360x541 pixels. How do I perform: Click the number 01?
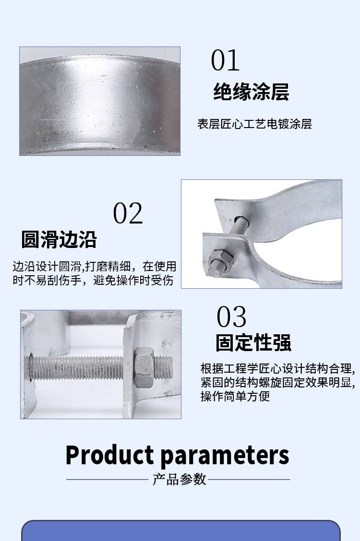tap(225, 60)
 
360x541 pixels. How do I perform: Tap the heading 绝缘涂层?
tap(251, 92)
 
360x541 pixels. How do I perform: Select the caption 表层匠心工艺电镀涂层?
tap(254, 124)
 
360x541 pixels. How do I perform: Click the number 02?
tap(128, 213)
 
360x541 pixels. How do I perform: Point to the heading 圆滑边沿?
tap(59, 239)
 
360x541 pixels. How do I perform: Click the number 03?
tap(231, 317)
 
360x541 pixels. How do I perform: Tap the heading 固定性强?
tap(253, 342)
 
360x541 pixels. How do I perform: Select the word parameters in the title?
tap(225, 456)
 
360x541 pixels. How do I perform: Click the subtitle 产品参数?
tap(180, 479)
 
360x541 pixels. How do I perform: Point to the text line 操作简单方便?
tap(235, 396)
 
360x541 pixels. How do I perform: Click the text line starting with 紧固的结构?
tap(278, 382)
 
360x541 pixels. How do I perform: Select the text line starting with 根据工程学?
tap(278, 368)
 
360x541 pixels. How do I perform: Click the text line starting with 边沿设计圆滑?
tap(94, 266)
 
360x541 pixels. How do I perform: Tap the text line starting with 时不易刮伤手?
tap(93, 280)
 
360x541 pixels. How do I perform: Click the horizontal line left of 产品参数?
tap(107, 479)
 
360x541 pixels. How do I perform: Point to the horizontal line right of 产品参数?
tap(249, 479)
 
